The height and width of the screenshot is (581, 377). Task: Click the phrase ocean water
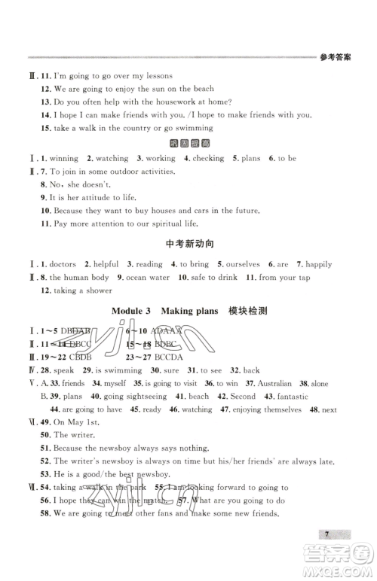point(148,278)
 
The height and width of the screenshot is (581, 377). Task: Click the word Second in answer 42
point(243,397)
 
